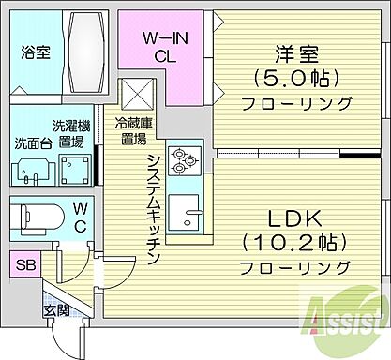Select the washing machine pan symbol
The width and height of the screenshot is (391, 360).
pyautogui.click(x=73, y=169)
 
